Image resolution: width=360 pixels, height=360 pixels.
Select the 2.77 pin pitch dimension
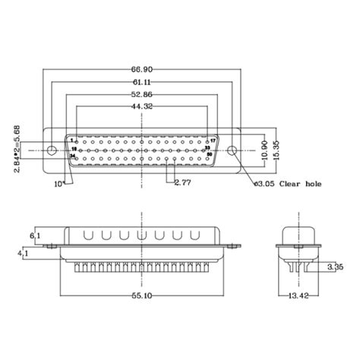coord(182,183)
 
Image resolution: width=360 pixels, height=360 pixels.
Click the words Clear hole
coord(303,184)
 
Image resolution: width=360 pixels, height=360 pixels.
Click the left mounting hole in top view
coord(53,147)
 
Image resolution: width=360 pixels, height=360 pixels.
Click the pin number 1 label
coord(71,140)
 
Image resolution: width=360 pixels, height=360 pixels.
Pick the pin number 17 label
coord(213,141)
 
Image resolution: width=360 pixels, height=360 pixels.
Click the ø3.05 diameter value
coord(263,184)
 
